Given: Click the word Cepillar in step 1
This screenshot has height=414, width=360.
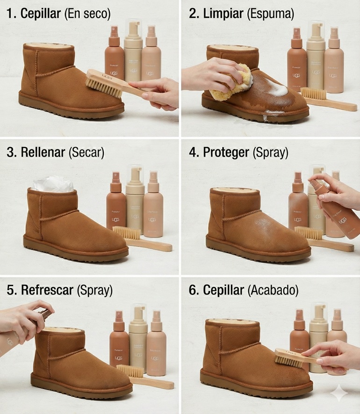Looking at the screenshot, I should (x=41, y=14).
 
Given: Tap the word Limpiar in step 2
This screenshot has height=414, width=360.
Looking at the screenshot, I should (x=222, y=14).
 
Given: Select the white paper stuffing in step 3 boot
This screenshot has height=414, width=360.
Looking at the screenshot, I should (x=52, y=184).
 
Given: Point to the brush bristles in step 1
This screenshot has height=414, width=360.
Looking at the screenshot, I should (x=104, y=87).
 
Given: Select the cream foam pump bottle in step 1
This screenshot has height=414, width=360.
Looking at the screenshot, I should (x=133, y=51).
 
